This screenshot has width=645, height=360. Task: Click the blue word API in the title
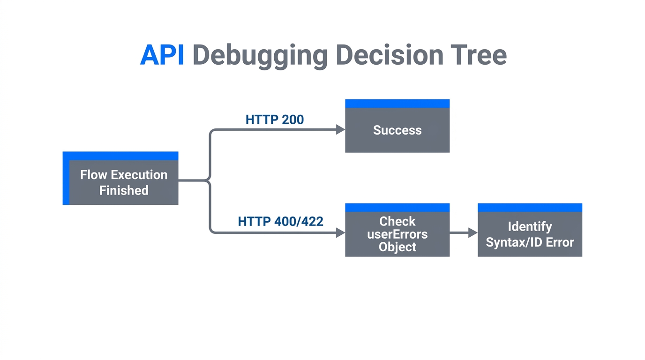pos(162,55)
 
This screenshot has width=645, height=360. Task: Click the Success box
pos(397,130)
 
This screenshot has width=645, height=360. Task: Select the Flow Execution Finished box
pos(123,182)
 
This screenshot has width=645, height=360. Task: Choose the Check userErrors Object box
pos(397,234)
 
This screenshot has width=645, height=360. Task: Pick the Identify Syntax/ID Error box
pos(530,234)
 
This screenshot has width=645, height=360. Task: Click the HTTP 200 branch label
pos(275,120)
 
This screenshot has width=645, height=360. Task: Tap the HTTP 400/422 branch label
pos(280,221)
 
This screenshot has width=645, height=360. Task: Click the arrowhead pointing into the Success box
pos(341,130)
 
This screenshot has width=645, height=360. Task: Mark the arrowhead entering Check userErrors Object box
pos(341,232)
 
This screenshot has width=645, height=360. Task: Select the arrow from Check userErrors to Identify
pos(463,232)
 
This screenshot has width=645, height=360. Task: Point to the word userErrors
pos(397,234)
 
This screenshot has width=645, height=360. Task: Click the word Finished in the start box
pos(124,190)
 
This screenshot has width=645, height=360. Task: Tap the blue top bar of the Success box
pos(397,104)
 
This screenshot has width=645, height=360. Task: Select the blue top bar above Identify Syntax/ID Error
pos(530,208)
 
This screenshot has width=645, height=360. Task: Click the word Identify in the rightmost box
pos(530,227)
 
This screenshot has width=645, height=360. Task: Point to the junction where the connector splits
pos(209,180)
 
